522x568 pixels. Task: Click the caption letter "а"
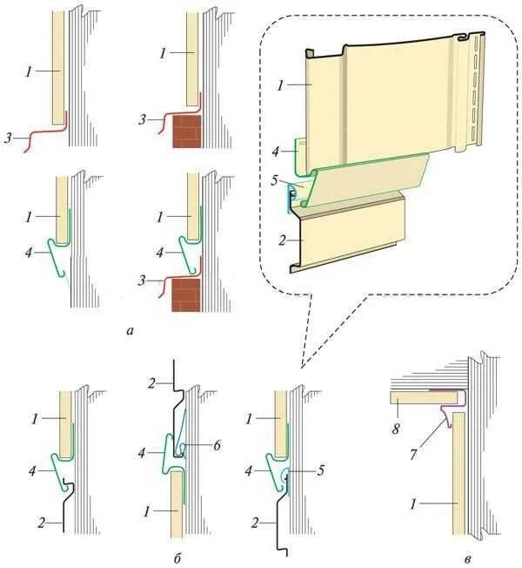tap(130, 330)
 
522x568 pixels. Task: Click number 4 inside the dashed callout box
tap(276, 151)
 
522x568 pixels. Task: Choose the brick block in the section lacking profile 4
tap(185, 130)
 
